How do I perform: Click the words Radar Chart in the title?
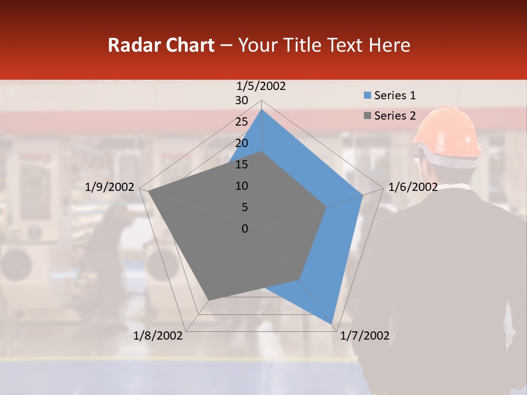pyautogui.click(x=161, y=45)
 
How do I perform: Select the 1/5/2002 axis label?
pyautogui.click(x=261, y=86)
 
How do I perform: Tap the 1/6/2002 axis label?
pyautogui.click(x=413, y=187)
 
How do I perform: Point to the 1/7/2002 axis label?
pyautogui.click(x=365, y=336)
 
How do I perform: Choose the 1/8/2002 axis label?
pyautogui.click(x=158, y=336)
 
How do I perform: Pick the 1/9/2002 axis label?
pyautogui.click(x=110, y=187)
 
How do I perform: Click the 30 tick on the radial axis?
pyautogui.click(x=242, y=100)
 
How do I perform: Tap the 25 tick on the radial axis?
pyautogui.click(x=242, y=122)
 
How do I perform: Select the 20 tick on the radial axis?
pyautogui.click(x=242, y=143)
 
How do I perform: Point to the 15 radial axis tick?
pyautogui.click(x=242, y=165)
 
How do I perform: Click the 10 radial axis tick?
pyautogui.click(x=242, y=186)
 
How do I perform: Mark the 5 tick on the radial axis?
pyautogui.click(x=244, y=207)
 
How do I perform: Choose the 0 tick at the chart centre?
pyautogui.click(x=245, y=229)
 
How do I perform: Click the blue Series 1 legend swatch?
pyautogui.click(x=367, y=95)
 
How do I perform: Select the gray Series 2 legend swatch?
pyautogui.click(x=367, y=116)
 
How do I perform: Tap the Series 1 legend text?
pyautogui.click(x=395, y=95)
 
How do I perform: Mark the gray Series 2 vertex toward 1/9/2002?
pyautogui.click(x=149, y=192)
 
